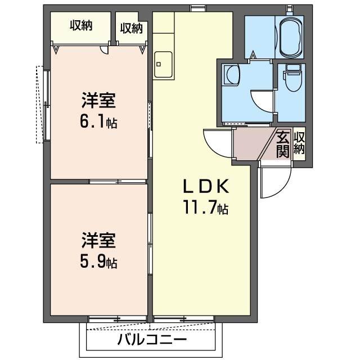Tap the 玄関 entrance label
click(x=282, y=145)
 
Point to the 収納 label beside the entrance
click(x=299, y=144)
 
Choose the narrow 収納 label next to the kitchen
click(x=131, y=28)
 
